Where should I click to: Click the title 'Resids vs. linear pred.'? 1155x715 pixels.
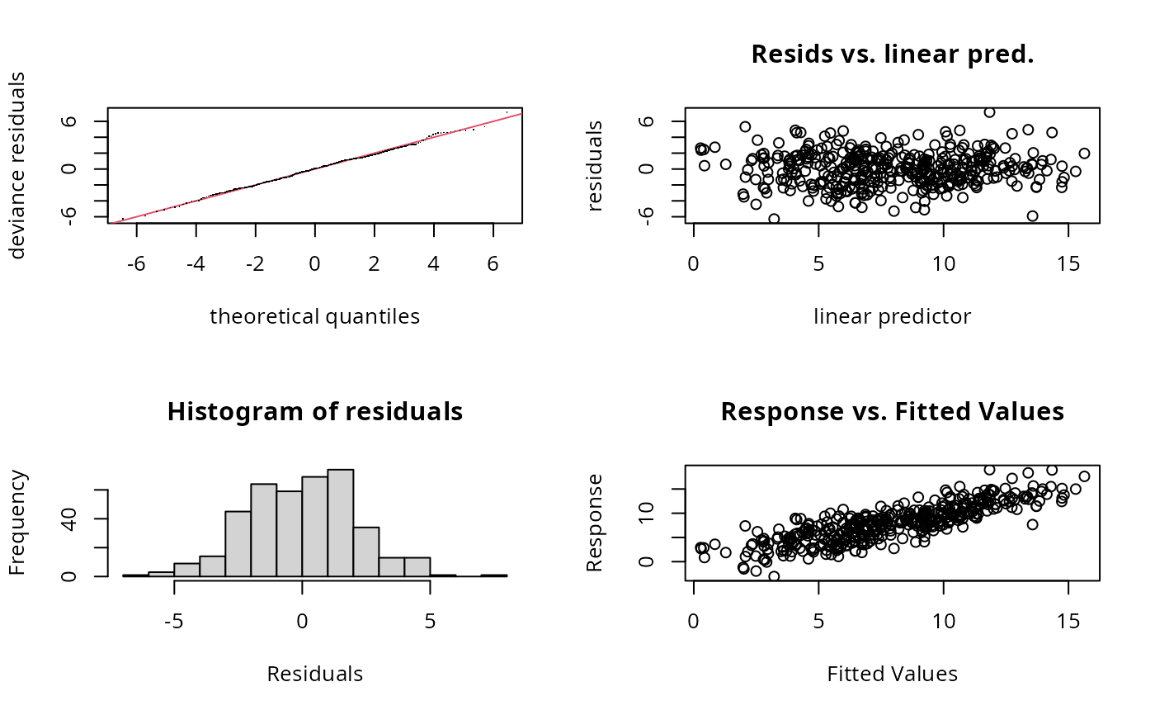892,54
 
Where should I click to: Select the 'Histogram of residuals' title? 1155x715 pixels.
314,411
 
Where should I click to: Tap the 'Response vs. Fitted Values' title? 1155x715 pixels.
892,411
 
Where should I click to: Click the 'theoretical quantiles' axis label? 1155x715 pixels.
314,316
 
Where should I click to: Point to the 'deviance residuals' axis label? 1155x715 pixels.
17,165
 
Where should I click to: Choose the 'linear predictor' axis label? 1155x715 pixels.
892,316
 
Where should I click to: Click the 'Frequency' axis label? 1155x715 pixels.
17,523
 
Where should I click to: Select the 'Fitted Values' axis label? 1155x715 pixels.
892,674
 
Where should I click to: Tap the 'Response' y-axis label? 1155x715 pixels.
594,523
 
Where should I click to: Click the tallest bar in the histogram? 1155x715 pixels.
340,522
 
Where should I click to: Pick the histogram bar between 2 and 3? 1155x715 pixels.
365,551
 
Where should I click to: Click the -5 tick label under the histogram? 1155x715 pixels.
174,598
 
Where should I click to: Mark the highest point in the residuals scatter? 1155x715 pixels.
989,112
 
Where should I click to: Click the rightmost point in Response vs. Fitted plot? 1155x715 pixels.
1084,476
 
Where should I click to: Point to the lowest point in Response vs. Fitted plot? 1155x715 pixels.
774,576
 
